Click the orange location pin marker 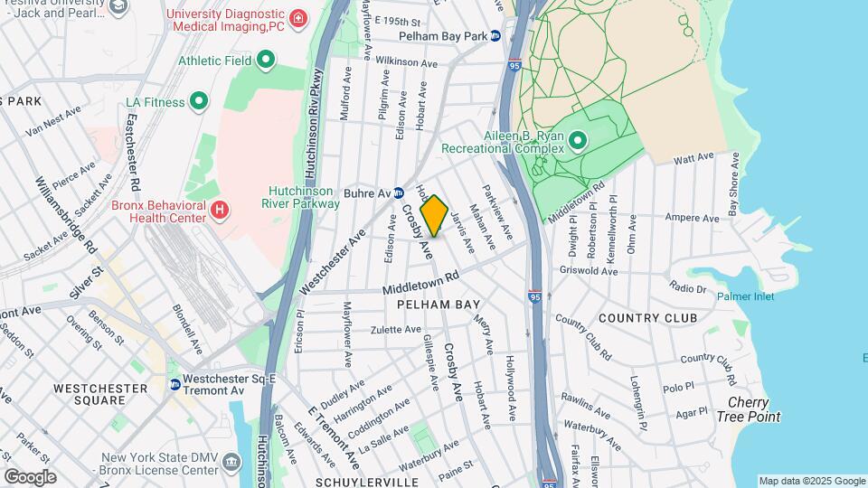pos(434,215)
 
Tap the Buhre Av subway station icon pos(398,192)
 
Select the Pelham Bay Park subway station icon pos(495,36)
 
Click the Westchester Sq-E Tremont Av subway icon pos(175,384)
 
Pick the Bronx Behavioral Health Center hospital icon pos(220,211)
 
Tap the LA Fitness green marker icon pos(200,102)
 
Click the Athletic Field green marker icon pos(266,61)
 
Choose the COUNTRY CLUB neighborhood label pos(647,318)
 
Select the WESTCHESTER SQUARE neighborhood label pos(100,394)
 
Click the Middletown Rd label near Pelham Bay pos(421,283)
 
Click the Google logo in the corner pos(30,476)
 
